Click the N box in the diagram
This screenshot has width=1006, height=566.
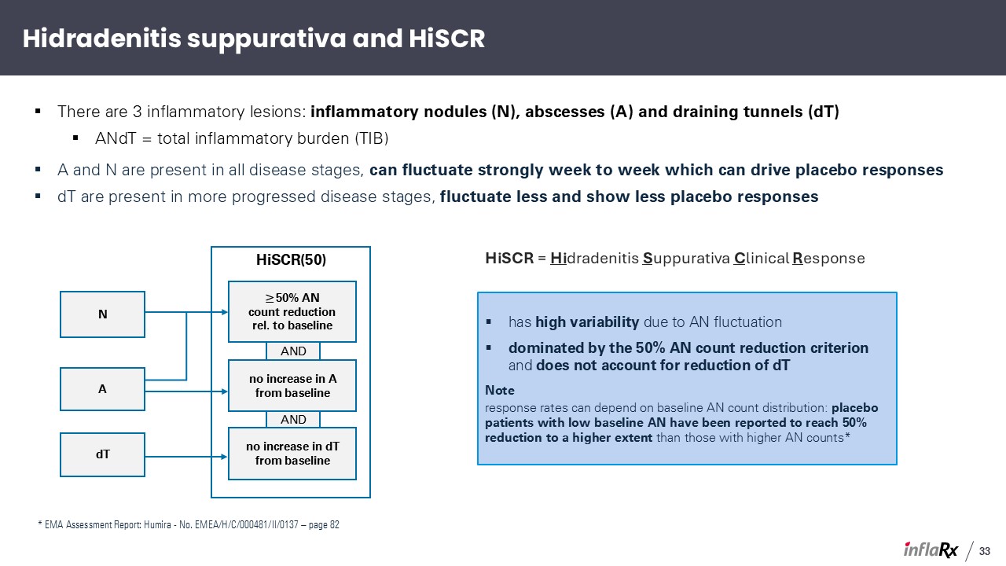(x=102, y=314)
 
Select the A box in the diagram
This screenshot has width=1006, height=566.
(x=102, y=389)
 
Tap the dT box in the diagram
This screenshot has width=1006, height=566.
(x=102, y=454)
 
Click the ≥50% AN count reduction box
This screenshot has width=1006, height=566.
(x=292, y=312)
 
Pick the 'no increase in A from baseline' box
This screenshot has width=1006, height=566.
(x=292, y=386)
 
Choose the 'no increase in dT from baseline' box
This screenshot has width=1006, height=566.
(x=292, y=454)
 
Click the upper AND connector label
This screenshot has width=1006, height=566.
(x=293, y=351)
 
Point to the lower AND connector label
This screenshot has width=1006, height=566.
(x=293, y=420)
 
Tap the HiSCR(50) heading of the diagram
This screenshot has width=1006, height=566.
(x=291, y=259)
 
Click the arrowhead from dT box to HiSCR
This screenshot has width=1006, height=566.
(x=224, y=457)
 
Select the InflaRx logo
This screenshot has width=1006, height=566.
(x=931, y=549)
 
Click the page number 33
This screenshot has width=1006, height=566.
(x=985, y=551)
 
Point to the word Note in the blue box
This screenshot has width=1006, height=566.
(x=499, y=391)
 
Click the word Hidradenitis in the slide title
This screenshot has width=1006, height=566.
(x=102, y=39)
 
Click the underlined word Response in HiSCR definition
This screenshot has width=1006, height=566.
(x=828, y=259)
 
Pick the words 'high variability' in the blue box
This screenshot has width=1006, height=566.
(x=587, y=322)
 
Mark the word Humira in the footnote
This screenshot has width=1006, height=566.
(x=157, y=524)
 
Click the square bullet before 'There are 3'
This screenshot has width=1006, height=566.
(x=38, y=111)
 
